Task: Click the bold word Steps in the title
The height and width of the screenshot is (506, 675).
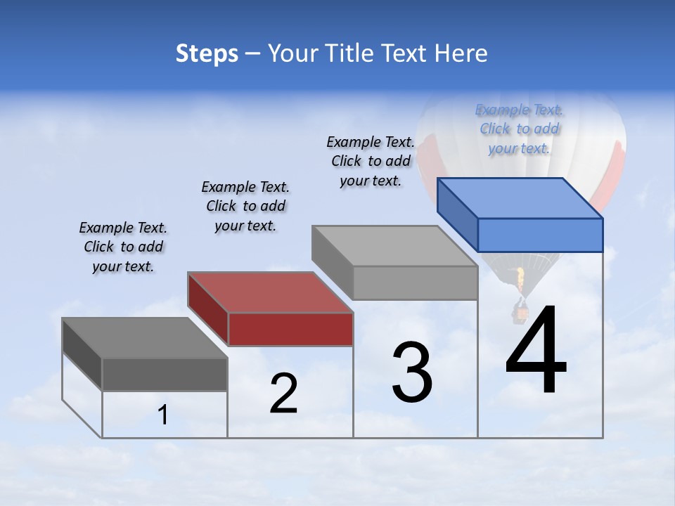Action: tap(207, 53)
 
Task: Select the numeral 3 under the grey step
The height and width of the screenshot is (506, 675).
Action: tap(411, 372)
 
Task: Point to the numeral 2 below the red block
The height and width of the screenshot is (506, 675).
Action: tap(283, 394)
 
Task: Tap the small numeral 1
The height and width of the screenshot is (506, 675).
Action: tap(163, 415)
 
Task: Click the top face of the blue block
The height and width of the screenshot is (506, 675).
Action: tap(520, 198)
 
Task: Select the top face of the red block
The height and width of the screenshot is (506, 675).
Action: tap(271, 292)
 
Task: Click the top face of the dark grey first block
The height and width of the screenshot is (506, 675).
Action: tap(145, 338)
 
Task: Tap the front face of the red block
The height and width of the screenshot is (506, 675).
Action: tap(290, 329)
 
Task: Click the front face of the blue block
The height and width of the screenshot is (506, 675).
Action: tap(540, 235)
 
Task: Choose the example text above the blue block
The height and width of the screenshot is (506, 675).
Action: tap(519, 129)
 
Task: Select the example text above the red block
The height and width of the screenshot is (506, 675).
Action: tap(245, 206)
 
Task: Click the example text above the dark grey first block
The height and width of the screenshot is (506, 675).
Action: tap(123, 247)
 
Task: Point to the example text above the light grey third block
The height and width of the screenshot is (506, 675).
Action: tap(371, 161)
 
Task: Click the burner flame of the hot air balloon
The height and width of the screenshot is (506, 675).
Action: tap(520, 280)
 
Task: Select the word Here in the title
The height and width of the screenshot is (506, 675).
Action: tap(461, 53)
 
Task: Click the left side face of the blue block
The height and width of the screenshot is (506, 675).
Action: tap(458, 213)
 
